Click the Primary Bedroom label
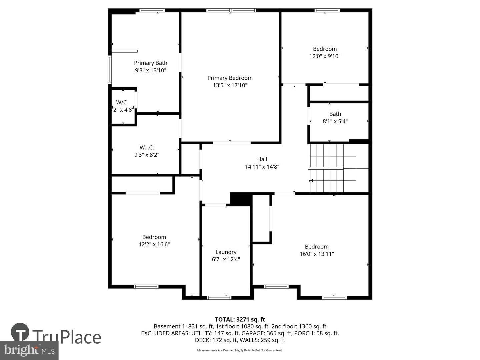[x=230, y=78]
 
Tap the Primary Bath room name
[x=150, y=63]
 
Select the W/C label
[x=121, y=102]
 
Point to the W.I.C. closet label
[x=147, y=147]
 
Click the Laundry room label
[x=226, y=252]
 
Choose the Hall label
[x=262, y=159]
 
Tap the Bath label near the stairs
[x=335, y=114]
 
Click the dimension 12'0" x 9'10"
[x=325, y=56]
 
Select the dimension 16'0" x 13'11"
[x=317, y=254]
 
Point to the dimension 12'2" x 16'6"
[x=154, y=244]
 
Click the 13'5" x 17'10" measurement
[x=230, y=85]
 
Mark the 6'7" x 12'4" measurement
[x=226, y=259]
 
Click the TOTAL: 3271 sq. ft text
[x=240, y=320]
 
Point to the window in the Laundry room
[x=219, y=297]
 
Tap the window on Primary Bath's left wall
[x=110, y=69]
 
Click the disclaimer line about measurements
[x=240, y=350]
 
